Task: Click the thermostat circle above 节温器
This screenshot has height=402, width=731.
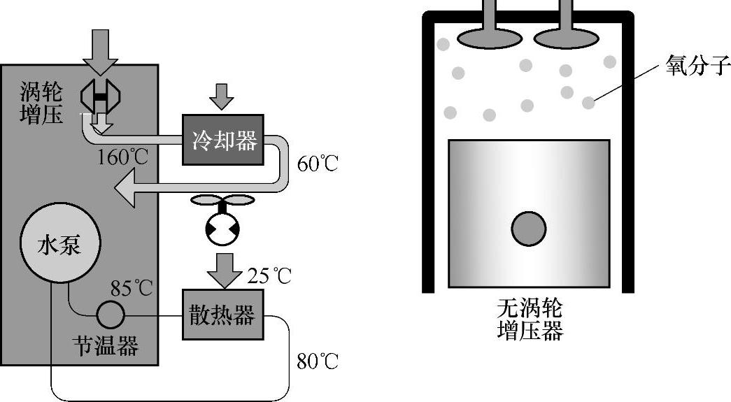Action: (111, 315)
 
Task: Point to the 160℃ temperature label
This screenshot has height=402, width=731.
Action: (123, 156)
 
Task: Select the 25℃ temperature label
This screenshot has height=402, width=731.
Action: (269, 275)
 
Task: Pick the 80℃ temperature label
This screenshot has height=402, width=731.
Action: (317, 361)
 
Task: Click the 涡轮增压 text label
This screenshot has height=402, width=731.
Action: (41, 102)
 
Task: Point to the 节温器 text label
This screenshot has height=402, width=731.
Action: (106, 345)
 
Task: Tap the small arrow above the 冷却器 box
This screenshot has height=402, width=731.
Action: (222, 96)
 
